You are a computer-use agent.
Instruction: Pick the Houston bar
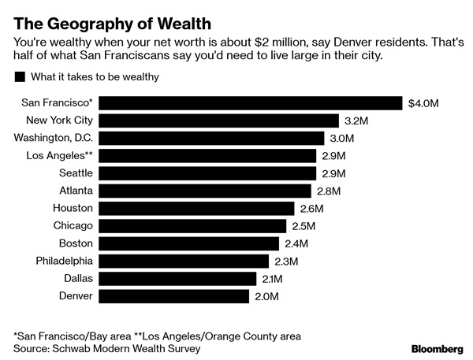click(197, 209)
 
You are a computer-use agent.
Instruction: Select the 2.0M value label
click(266, 296)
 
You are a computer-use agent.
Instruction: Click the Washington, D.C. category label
click(54, 139)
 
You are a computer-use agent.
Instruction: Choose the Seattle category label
click(76, 173)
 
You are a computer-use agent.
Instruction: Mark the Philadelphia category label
click(65, 261)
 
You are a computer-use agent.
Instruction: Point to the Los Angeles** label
click(58, 156)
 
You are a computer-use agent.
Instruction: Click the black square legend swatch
click(18, 76)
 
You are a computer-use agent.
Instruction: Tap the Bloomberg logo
click(436, 347)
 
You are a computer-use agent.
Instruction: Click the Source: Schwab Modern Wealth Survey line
click(107, 347)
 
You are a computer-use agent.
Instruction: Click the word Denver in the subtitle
click(335, 41)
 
